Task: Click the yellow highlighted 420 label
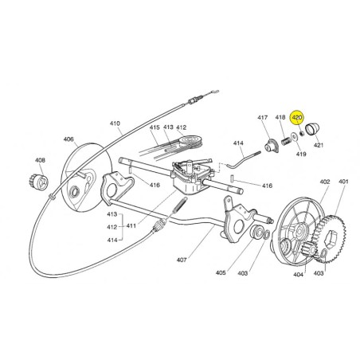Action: pyautogui.click(x=297, y=117)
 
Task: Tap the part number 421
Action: pyautogui.click(x=319, y=145)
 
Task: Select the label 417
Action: pyautogui.click(x=263, y=117)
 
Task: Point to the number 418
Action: pyautogui.click(x=280, y=117)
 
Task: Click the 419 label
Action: pyautogui.click(x=301, y=154)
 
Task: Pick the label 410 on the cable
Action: pyautogui.click(x=115, y=123)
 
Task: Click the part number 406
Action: pyautogui.click(x=68, y=139)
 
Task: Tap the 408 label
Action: pyautogui.click(x=40, y=160)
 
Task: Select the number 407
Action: pyautogui.click(x=182, y=260)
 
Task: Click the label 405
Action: pyautogui.click(x=221, y=272)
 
